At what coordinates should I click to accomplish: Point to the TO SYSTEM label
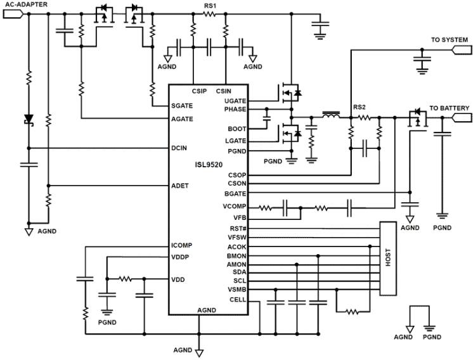click(x=450, y=40)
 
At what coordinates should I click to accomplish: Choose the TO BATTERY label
click(x=450, y=108)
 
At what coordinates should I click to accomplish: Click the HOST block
click(x=387, y=259)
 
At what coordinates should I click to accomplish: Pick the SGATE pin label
click(x=183, y=106)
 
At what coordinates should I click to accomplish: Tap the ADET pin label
click(x=181, y=186)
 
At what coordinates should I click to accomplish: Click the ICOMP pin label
click(x=183, y=245)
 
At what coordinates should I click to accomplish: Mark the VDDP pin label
click(x=181, y=257)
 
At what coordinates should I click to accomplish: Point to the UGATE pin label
click(x=235, y=101)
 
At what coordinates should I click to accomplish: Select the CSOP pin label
click(x=236, y=175)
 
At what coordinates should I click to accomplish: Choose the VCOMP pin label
click(x=235, y=207)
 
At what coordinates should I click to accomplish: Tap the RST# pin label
click(x=237, y=228)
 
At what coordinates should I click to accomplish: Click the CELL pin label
click(x=237, y=300)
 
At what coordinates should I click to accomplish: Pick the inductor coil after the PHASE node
click(x=330, y=117)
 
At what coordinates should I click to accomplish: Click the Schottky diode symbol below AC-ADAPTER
click(x=28, y=119)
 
